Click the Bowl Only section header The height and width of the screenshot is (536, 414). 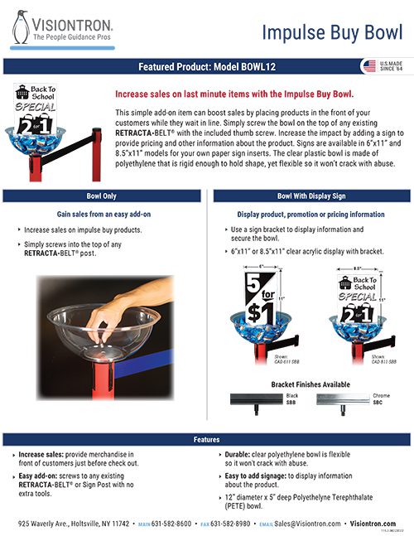coord(103,196)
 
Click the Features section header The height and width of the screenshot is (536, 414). coord(206,439)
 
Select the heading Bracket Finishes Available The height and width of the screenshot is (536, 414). coord(310,384)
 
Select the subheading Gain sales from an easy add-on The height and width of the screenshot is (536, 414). coord(103,214)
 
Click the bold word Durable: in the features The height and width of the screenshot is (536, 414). coord(244,456)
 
